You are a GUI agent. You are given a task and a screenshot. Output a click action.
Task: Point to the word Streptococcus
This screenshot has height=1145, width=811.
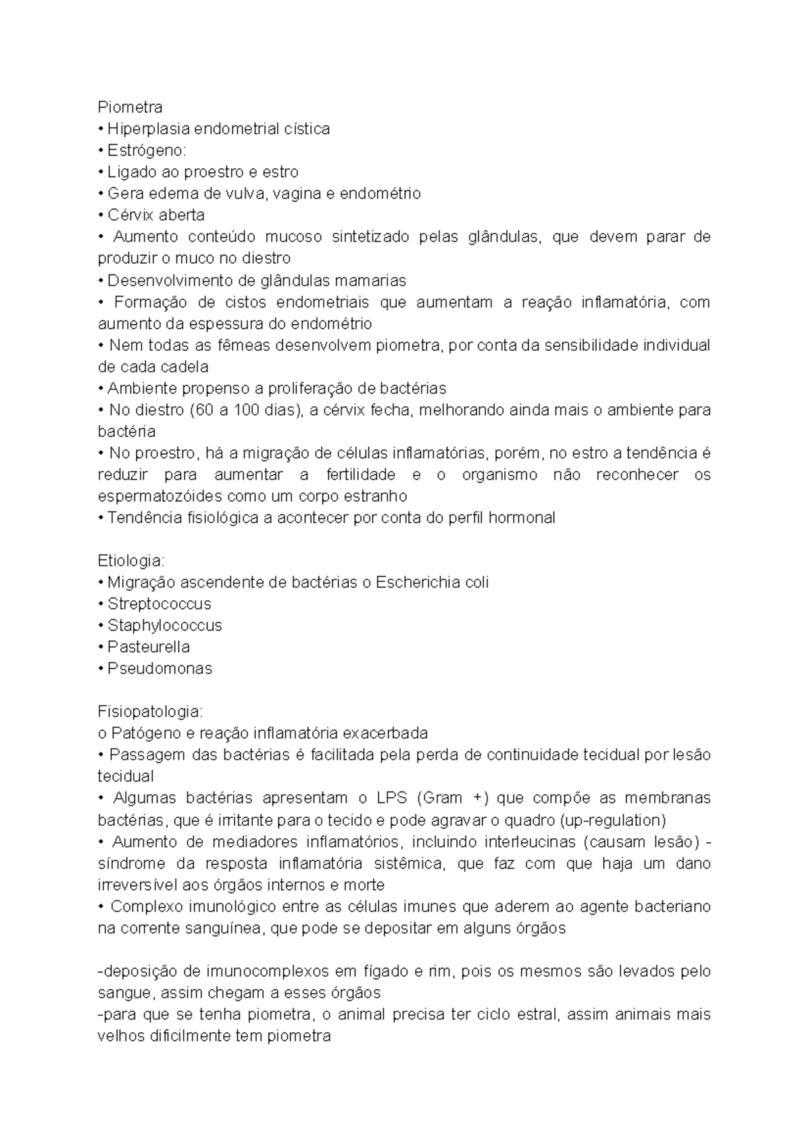coord(159,604)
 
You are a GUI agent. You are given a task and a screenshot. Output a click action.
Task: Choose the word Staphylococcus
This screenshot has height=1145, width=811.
coord(165,625)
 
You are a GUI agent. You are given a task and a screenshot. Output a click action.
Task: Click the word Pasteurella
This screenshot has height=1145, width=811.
coord(149,647)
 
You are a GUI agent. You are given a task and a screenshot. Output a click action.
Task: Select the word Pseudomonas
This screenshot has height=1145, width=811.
coord(159,668)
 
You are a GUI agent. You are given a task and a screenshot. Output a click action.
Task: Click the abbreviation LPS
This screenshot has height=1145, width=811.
coord(392,798)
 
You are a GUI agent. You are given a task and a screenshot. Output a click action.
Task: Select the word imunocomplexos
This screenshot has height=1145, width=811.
coord(266,971)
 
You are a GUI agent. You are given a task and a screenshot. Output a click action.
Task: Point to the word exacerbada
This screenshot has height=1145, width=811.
coord(385,733)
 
